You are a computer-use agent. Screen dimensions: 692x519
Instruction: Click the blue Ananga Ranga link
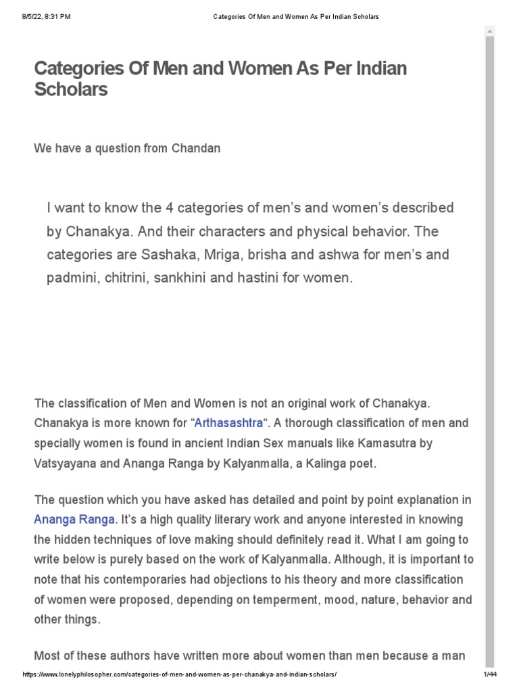75,520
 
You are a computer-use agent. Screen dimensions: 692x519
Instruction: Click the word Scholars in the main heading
71,89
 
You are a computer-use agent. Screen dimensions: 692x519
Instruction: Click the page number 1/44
489,675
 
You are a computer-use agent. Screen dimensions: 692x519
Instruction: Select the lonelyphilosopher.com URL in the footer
179,675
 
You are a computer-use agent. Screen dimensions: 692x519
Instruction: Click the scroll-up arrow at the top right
490,30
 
